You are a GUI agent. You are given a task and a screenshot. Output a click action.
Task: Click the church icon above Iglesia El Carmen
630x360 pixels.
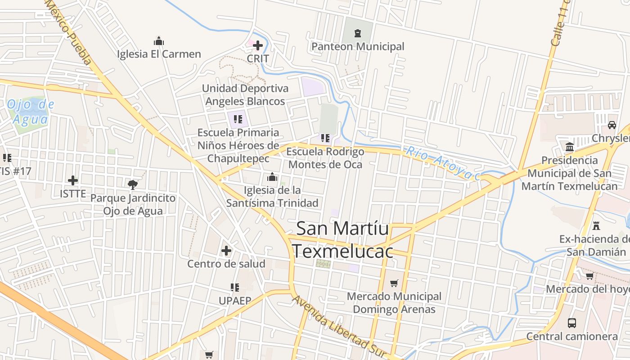pos(159,41)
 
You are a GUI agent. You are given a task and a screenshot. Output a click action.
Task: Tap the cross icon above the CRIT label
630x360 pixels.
pos(258,45)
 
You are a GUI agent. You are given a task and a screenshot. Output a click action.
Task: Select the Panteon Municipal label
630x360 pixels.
pos(358,46)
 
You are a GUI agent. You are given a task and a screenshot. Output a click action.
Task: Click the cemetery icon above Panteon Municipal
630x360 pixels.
pos(358,33)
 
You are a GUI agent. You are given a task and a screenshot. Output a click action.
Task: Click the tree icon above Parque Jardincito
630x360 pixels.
pos(133,184)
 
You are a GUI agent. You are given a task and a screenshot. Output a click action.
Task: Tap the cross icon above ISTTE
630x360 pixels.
pos(73,180)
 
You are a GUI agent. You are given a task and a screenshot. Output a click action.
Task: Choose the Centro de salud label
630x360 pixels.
pos(226,264)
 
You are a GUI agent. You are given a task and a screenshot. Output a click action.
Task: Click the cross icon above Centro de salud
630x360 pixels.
pos(226,250)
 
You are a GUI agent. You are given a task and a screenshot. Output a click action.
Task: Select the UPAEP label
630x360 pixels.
pos(234,300)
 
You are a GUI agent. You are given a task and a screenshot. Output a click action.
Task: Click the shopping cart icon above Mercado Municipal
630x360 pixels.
pos(394,283)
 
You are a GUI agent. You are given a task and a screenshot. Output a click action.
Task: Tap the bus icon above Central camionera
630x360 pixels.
pos(572,323)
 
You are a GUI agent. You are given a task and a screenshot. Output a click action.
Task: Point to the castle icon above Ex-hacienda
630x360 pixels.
pos(597,225)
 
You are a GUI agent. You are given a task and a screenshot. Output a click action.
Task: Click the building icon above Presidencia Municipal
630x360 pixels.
pos(570,147)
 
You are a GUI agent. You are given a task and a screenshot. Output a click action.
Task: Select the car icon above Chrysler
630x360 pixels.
pos(612,125)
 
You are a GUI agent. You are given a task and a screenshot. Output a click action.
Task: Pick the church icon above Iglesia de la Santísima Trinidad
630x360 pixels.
pos(272,177)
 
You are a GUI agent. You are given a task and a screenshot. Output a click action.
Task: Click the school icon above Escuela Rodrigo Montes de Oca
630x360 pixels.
pos(325,138)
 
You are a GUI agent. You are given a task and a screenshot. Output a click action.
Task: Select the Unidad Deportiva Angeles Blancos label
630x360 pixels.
pos(245,94)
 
